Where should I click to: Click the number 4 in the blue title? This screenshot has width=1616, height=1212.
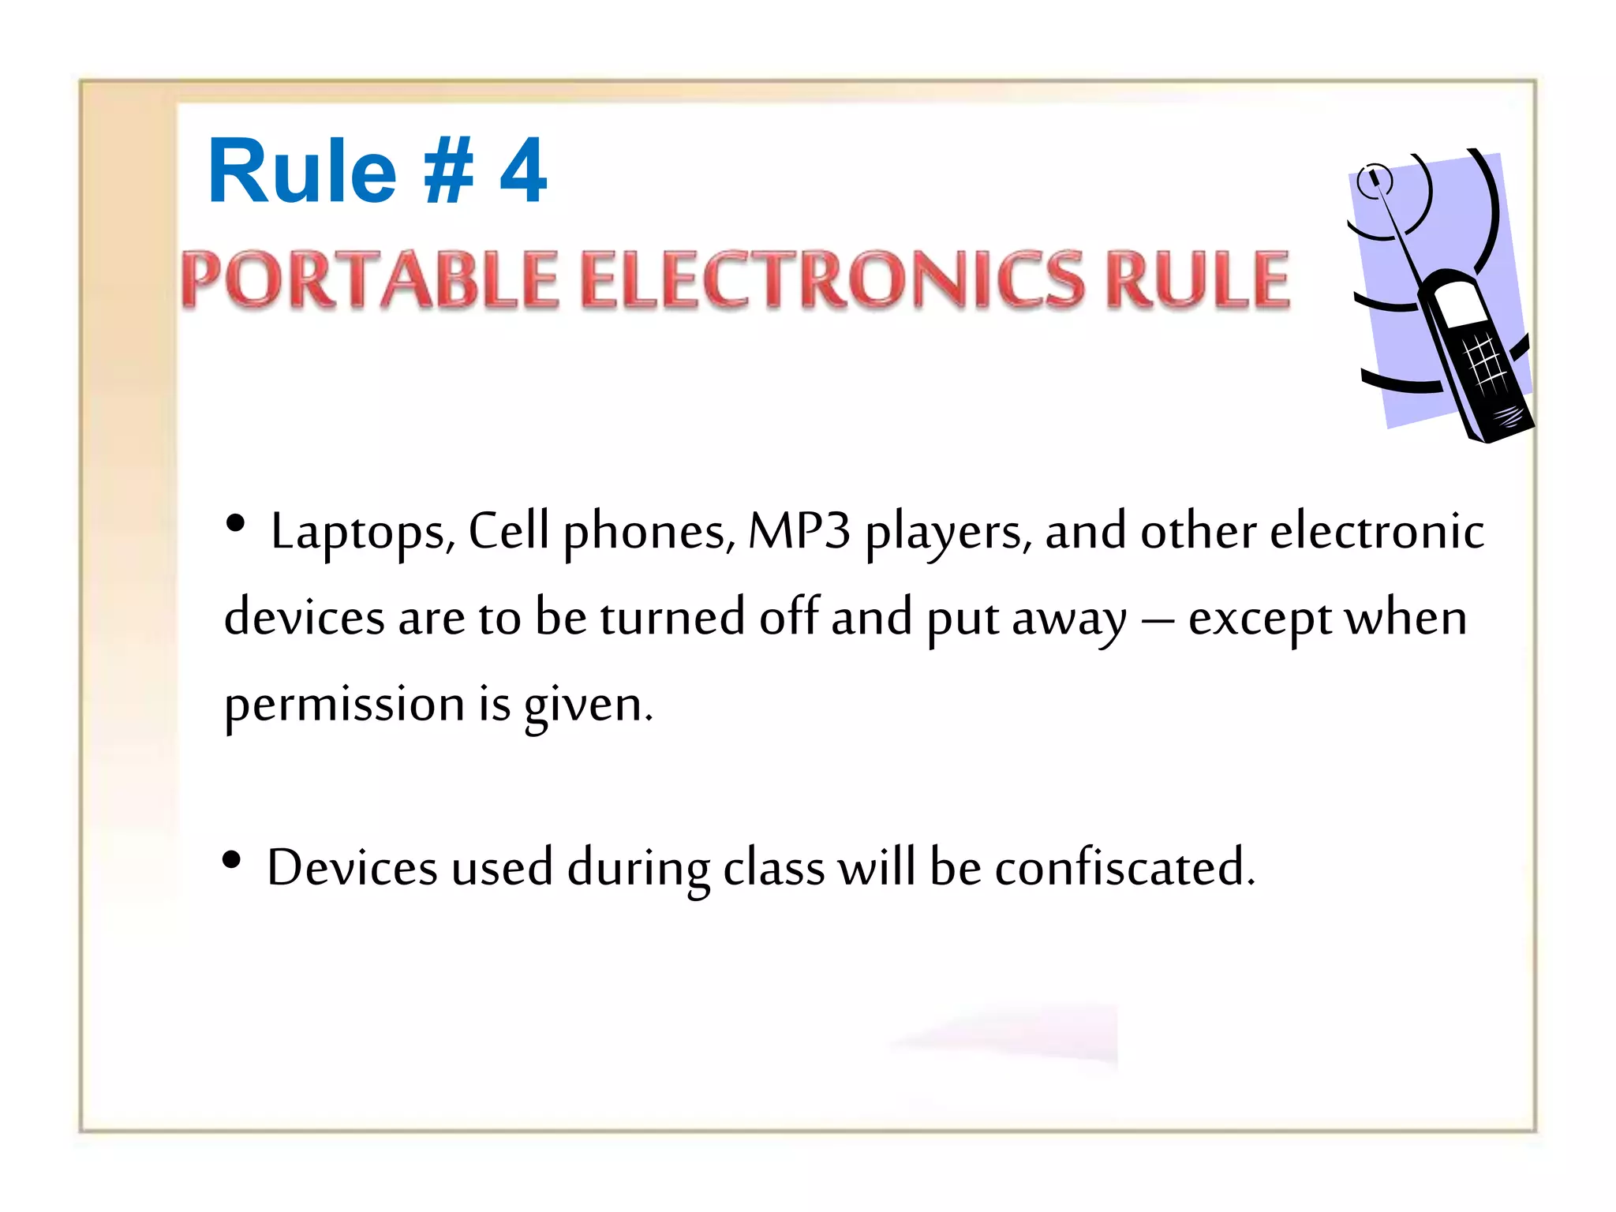[x=523, y=171]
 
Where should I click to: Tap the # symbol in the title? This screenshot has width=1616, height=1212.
[x=448, y=171]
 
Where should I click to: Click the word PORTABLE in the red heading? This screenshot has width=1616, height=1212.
[x=370, y=279]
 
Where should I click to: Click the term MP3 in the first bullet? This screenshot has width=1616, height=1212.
[x=799, y=530]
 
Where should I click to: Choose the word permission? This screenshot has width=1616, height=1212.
[x=344, y=705]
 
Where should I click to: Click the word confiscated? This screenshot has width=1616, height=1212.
[x=1124, y=867]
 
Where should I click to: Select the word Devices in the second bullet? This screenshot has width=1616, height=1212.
[x=352, y=867]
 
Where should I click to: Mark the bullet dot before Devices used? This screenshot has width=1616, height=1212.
[x=231, y=859]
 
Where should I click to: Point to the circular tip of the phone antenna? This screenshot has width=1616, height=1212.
[x=1374, y=179]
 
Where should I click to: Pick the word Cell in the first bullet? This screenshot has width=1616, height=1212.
[x=508, y=530]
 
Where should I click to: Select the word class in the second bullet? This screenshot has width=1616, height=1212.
[x=773, y=867]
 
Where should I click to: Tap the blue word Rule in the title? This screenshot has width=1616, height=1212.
[x=301, y=171]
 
